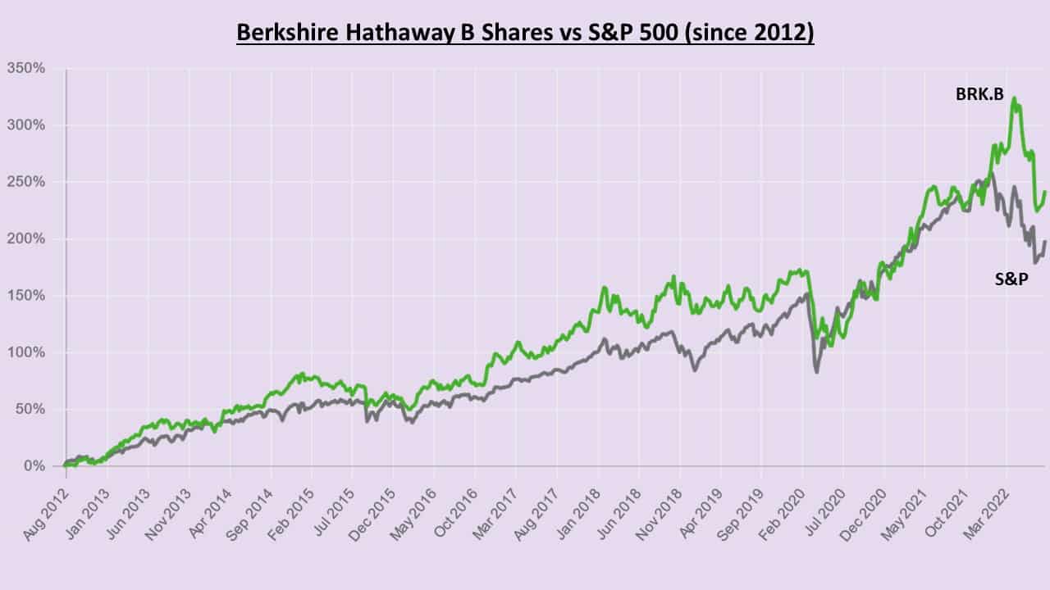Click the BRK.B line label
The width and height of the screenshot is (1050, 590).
(x=979, y=94)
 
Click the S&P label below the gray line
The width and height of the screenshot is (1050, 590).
(x=1011, y=279)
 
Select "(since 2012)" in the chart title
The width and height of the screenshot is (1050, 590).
(x=759, y=34)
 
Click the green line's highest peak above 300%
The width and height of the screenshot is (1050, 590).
(x=1015, y=99)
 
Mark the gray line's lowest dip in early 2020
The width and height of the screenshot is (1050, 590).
(x=817, y=372)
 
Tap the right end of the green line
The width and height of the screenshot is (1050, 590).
(x=1045, y=193)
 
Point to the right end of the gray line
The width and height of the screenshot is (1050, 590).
(x=1045, y=242)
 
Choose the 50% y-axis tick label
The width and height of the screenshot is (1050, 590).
(x=29, y=410)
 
